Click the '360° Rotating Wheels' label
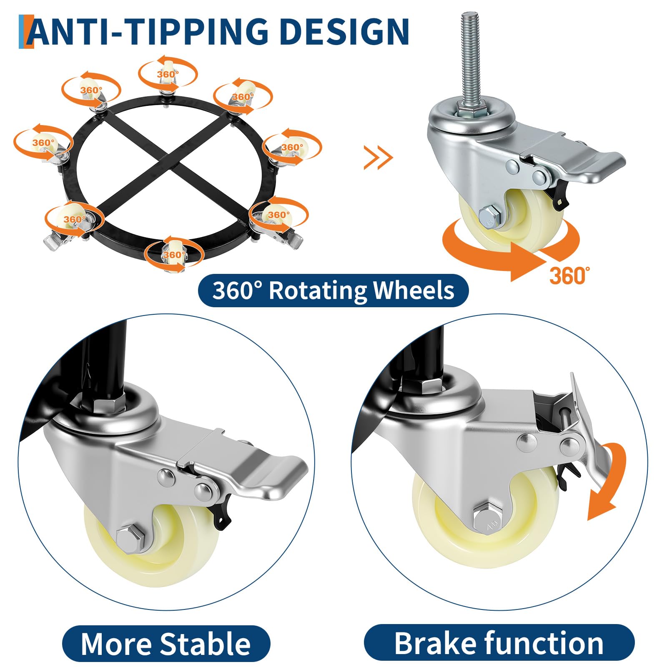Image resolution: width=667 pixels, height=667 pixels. tap(333, 291)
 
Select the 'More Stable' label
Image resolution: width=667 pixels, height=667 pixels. tap(166, 643)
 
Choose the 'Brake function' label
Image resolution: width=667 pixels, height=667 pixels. tap(499, 642)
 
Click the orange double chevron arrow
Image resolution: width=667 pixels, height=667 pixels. tap(378, 157)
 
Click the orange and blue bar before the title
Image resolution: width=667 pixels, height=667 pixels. tap(26, 32)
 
